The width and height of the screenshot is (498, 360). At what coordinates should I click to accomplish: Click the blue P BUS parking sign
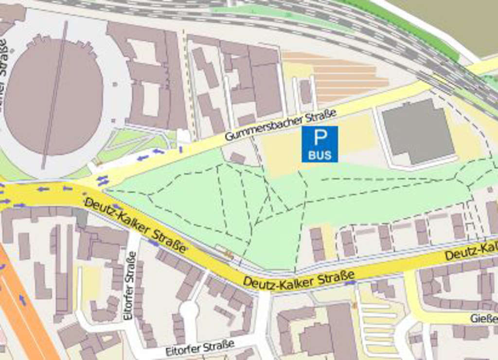pos(320,144)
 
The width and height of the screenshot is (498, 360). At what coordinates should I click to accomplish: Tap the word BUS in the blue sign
pos(320,156)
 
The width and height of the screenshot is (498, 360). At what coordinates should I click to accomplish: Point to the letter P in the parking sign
pos(320,137)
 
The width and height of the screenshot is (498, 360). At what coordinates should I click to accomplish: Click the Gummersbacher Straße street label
pos(280,126)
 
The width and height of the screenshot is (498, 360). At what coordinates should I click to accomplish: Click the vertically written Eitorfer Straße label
pos(129,285)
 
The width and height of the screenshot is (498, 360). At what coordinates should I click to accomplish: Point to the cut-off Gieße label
pos(483,319)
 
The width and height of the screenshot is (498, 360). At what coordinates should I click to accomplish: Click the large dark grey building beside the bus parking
pos(417,130)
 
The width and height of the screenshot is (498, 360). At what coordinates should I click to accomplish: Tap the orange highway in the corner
pos(24,311)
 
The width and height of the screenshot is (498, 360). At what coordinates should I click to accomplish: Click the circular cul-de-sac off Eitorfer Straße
pos(189,309)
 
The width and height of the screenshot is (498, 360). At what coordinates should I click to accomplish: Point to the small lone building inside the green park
pos(237,158)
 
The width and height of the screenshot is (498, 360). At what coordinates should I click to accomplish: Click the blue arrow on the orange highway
pos(22,300)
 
